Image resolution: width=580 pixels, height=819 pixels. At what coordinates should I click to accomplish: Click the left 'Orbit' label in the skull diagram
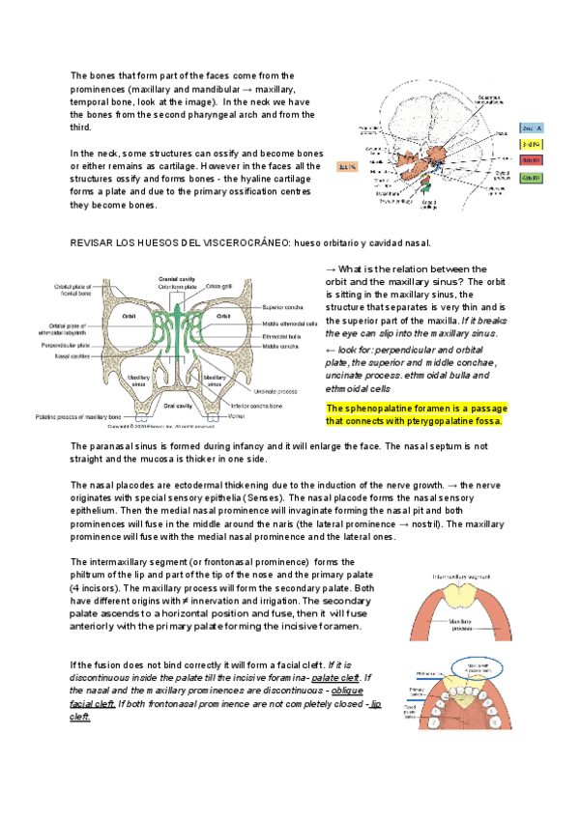click(128, 316)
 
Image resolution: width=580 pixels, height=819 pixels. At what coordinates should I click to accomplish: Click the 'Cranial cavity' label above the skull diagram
click(176, 278)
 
